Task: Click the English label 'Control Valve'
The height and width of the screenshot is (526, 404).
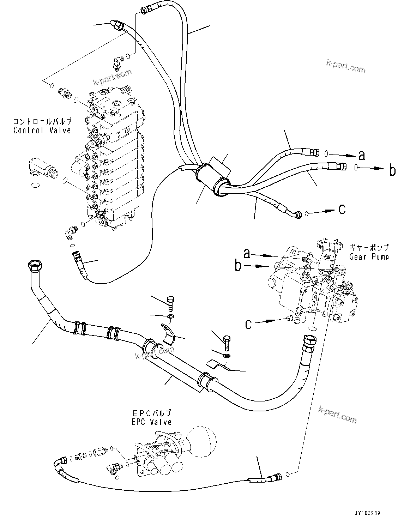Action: pyautogui.click(x=42, y=130)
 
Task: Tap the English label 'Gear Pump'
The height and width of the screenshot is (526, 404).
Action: pyautogui.click(x=369, y=256)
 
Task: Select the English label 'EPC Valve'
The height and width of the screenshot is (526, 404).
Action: pyautogui.click(x=151, y=422)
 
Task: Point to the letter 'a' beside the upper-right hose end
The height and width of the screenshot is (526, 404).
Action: pyautogui.click(x=362, y=155)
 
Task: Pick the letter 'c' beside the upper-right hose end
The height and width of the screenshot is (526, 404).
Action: pyautogui.click(x=342, y=209)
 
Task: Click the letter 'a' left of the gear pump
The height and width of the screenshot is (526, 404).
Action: pyautogui.click(x=247, y=253)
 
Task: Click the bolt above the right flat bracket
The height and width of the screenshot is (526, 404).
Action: pyautogui.click(x=227, y=341)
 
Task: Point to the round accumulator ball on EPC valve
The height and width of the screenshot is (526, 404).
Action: pyautogui.click(x=200, y=437)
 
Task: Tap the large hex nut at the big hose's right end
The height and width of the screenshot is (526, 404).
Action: pyautogui.click(x=309, y=341)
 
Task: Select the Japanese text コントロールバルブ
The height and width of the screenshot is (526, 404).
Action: pyautogui.click(x=42, y=122)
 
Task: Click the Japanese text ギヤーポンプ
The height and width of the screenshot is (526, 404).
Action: pyautogui.click(x=369, y=248)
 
